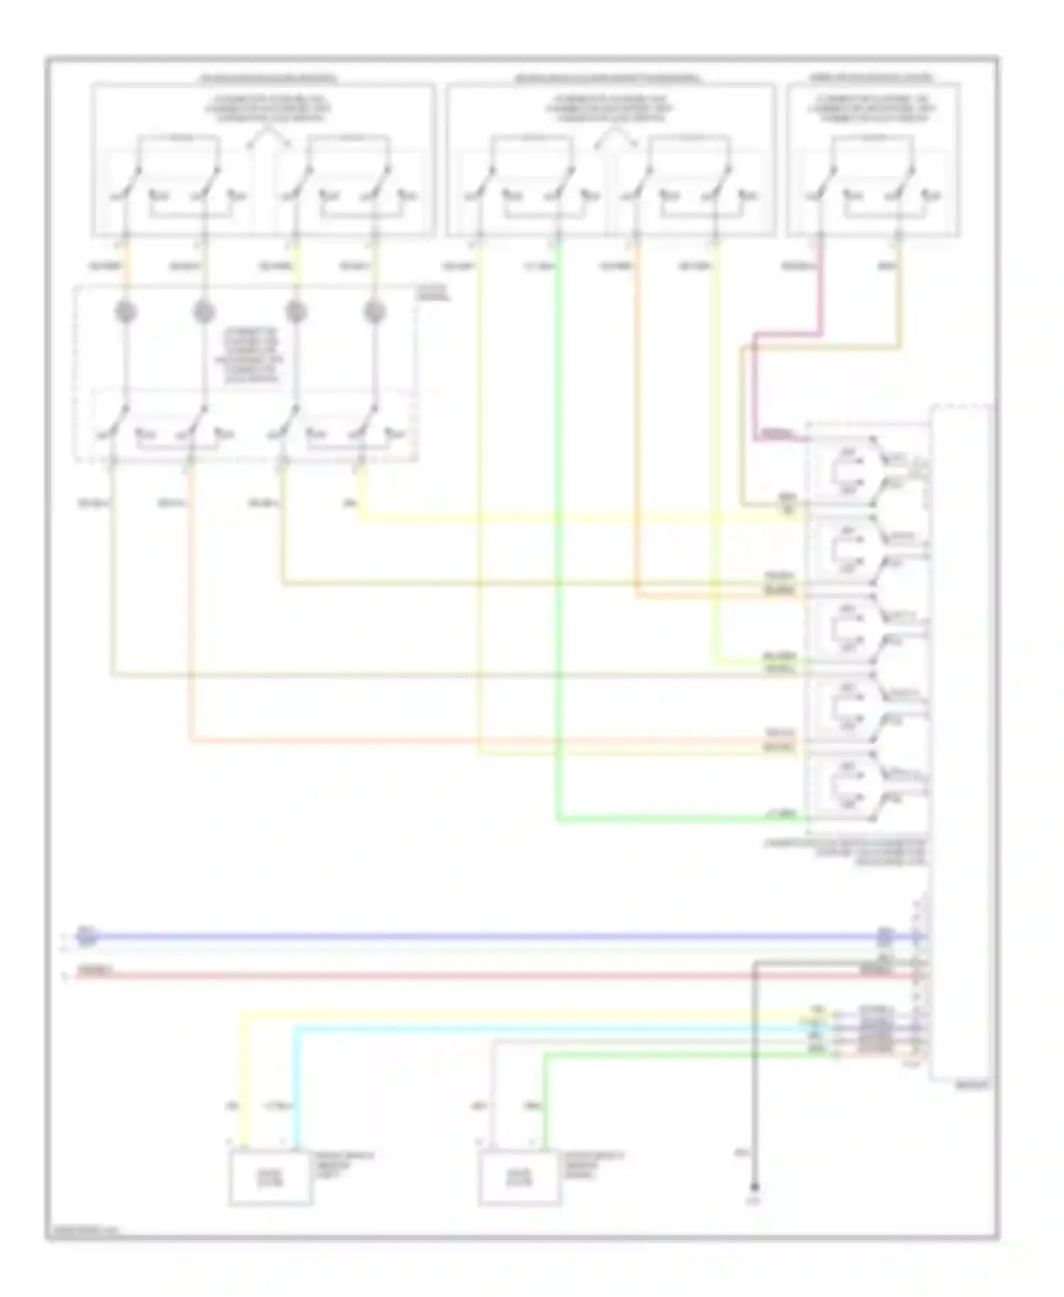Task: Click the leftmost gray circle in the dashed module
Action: coord(126,311)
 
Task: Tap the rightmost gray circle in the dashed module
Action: coord(374,311)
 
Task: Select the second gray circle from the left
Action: coord(204,311)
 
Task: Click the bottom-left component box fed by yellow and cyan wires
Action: coord(270,1177)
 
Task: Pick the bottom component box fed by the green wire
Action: coord(520,1177)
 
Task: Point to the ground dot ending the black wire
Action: coord(755,1186)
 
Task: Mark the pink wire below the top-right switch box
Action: coord(821,298)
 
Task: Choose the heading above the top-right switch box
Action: coord(872,77)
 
